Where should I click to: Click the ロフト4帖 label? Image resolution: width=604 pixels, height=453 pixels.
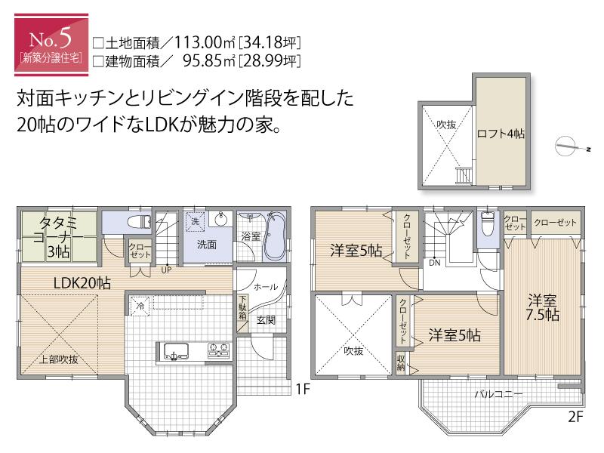point(501,134)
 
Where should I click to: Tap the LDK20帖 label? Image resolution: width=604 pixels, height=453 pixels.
point(82,283)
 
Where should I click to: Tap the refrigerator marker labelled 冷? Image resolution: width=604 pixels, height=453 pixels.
point(141,306)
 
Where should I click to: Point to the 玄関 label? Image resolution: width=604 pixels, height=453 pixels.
point(265,320)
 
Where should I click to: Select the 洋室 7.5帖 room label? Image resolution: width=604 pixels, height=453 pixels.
point(543,307)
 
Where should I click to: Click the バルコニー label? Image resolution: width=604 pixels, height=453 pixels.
point(499,394)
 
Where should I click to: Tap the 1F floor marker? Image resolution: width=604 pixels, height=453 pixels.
point(303,390)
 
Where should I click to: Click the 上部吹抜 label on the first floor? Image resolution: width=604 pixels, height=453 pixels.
point(58,359)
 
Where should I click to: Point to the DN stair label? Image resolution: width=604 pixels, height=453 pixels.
point(434,263)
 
